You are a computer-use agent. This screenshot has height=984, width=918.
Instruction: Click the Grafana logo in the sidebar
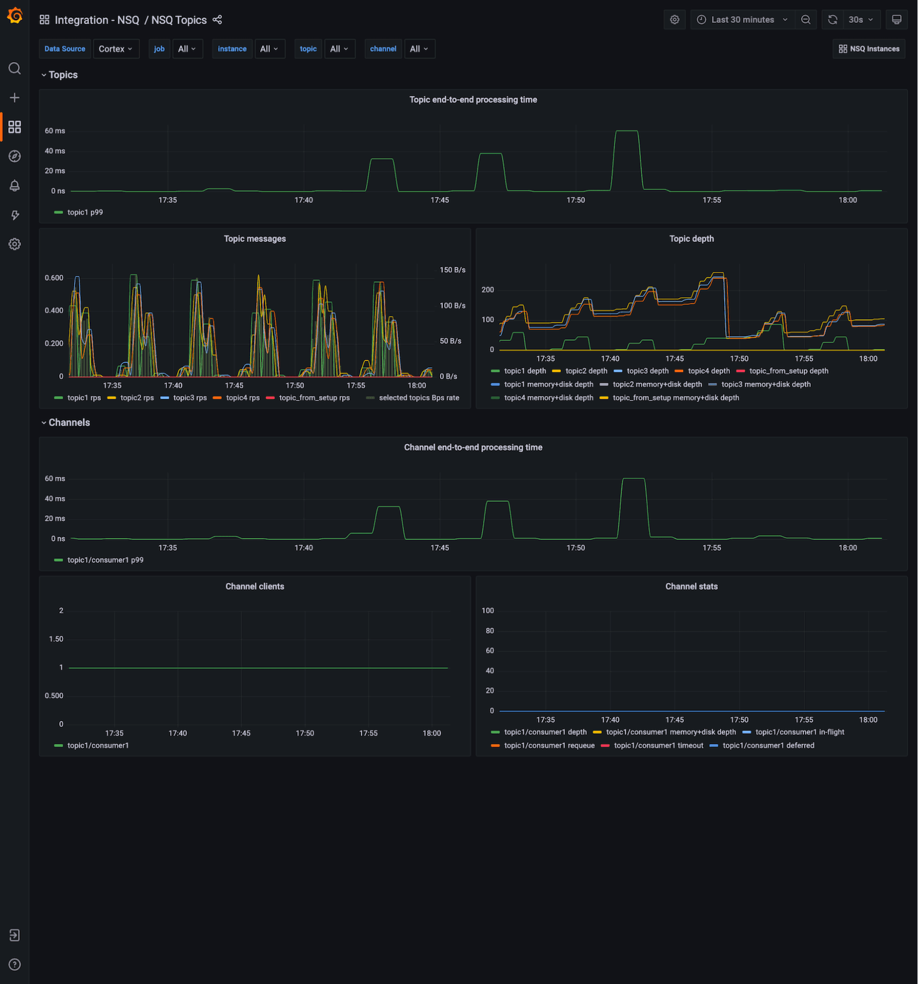[x=15, y=16]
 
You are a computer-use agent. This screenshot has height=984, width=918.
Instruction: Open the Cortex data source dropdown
[x=115, y=49]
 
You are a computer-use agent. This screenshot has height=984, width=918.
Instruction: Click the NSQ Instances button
[x=869, y=49]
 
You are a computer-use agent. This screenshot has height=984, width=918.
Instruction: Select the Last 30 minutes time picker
[x=742, y=20]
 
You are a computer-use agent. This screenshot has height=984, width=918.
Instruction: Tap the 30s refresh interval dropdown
[x=860, y=20]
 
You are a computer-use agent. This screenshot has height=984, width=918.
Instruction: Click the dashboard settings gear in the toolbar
[x=674, y=20]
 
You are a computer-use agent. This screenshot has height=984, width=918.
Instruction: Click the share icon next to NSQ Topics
[x=217, y=20]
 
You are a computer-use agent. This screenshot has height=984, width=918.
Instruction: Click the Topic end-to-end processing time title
[x=473, y=100]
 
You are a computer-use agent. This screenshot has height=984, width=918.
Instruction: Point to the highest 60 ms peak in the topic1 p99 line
[x=626, y=131]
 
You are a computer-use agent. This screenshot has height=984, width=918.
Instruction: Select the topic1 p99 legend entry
[x=85, y=212]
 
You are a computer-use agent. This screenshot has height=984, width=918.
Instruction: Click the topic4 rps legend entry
[x=242, y=398]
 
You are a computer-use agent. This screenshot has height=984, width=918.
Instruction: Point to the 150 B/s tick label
[x=452, y=270]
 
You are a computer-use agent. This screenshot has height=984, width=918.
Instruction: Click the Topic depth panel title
[x=691, y=239]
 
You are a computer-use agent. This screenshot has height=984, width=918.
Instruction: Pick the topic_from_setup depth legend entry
[x=788, y=371]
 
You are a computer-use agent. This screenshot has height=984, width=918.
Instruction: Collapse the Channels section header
[x=69, y=422]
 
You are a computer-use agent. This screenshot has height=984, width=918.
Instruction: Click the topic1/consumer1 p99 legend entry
[x=105, y=560]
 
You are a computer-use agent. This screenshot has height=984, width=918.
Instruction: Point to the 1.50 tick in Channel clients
[x=56, y=639]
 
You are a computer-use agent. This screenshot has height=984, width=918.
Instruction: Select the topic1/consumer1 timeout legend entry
[x=658, y=745]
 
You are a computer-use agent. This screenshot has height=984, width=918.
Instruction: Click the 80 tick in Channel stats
[x=489, y=631]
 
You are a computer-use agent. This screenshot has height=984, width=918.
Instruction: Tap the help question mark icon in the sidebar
[x=15, y=964]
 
